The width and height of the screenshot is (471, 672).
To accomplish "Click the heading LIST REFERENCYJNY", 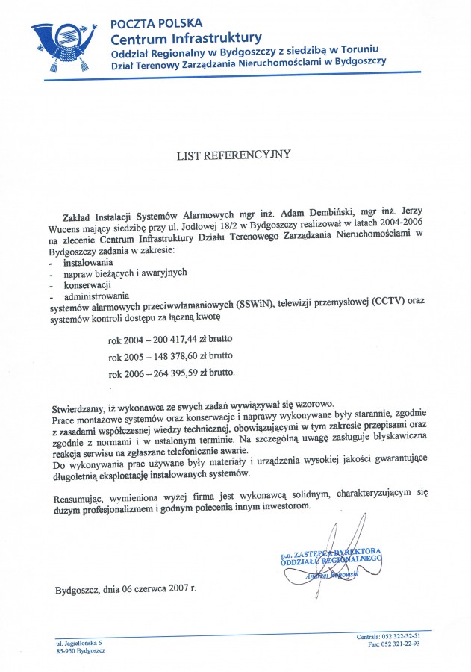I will point(233,155).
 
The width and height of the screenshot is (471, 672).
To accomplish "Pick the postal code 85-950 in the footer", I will point(67,650).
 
